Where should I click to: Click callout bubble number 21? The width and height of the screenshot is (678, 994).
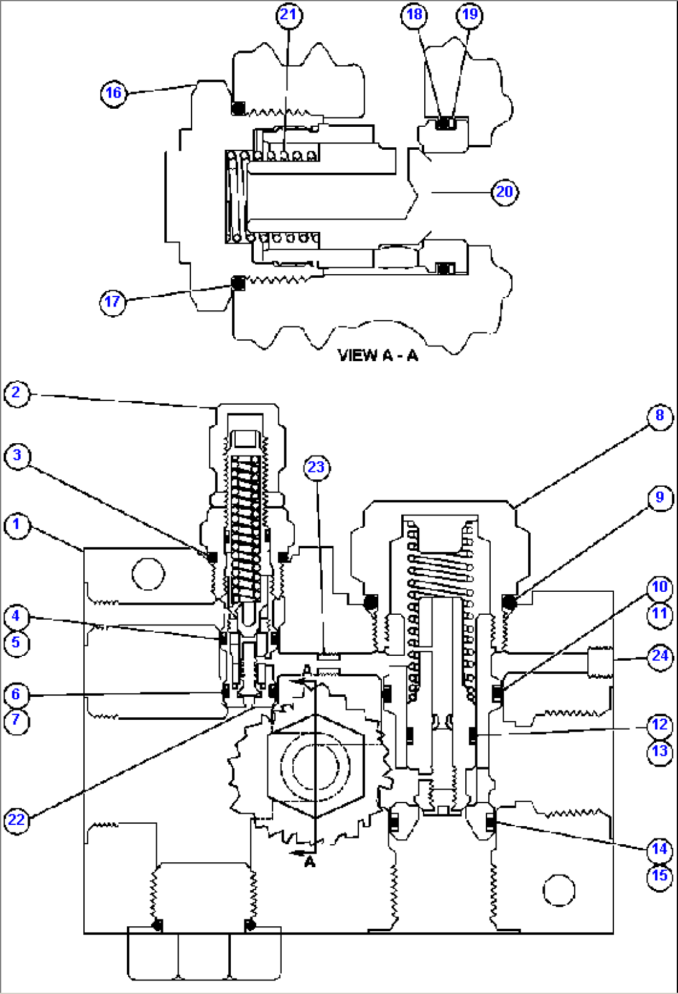pyautogui.click(x=289, y=14)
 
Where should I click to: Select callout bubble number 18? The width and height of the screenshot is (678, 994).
pyautogui.click(x=414, y=14)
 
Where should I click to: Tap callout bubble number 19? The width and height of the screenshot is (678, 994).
pyautogui.click(x=470, y=14)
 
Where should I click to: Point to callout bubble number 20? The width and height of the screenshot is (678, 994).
pyautogui.click(x=504, y=191)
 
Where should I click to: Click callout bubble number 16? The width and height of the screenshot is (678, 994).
pyautogui.click(x=113, y=93)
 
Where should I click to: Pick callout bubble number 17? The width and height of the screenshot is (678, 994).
pyautogui.click(x=113, y=302)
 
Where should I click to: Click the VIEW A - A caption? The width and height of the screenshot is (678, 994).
pyautogui.click(x=378, y=355)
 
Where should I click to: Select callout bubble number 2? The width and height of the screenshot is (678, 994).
pyautogui.click(x=16, y=393)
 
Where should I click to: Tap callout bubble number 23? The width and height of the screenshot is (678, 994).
pyautogui.click(x=317, y=467)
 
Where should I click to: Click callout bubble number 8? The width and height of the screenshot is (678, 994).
pyautogui.click(x=660, y=415)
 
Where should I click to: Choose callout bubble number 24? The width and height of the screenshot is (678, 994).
pyautogui.click(x=660, y=656)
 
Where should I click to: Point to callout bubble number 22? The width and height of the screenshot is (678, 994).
pyautogui.click(x=16, y=819)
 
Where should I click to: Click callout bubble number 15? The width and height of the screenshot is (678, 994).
pyautogui.click(x=660, y=876)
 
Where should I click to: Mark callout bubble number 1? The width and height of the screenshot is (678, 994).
pyautogui.click(x=17, y=525)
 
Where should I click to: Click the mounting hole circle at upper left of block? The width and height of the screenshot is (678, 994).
pyautogui.click(x=148, y=573)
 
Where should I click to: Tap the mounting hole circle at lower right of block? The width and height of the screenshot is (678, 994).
pyautogui.click(x=559, y=890)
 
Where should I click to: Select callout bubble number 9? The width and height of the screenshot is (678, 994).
pyautogui.click(x=660, y=497)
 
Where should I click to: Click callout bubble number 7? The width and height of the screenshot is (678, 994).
pyautogui.click(x=16, y=721)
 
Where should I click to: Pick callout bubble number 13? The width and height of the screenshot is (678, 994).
pyautogui.click(x=660, y=751)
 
